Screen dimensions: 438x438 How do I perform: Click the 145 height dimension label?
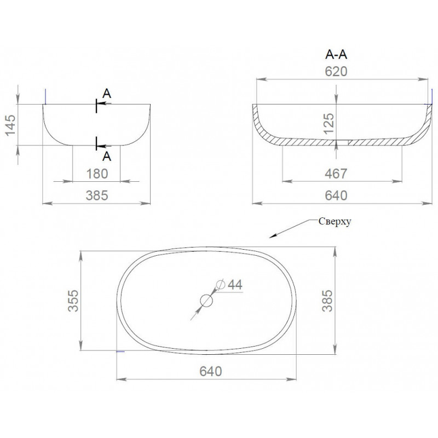tap(11, 125)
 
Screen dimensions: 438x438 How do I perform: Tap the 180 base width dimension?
tap(97, 174)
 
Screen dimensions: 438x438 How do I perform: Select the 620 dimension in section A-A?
tap(336, 72)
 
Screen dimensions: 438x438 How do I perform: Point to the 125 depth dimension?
tap(329, 124)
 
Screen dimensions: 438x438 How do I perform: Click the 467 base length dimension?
tap(336, 174)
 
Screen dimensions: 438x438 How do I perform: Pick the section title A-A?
tap(336, 54)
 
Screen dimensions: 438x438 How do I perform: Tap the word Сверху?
tap(335, 222)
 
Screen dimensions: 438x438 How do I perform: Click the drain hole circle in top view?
tap(207, 301)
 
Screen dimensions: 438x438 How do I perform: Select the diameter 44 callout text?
tap(235, 285)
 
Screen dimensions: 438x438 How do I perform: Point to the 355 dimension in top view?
tap(73, 301)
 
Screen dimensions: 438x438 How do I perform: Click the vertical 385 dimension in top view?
tap(327, 301)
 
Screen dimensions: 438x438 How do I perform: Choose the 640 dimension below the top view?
tap(211, 371)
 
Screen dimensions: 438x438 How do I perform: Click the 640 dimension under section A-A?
tap(336, 195)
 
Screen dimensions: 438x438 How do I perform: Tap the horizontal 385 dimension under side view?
tap(97, 195)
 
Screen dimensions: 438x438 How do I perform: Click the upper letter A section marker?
tap(107, 94)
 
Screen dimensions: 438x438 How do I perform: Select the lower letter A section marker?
tap(107, 157)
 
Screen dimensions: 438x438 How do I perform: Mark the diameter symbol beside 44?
tap(221, 285)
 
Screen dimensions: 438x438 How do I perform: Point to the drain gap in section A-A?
tap(342, 142)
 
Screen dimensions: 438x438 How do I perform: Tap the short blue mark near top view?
tap(120, 351)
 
